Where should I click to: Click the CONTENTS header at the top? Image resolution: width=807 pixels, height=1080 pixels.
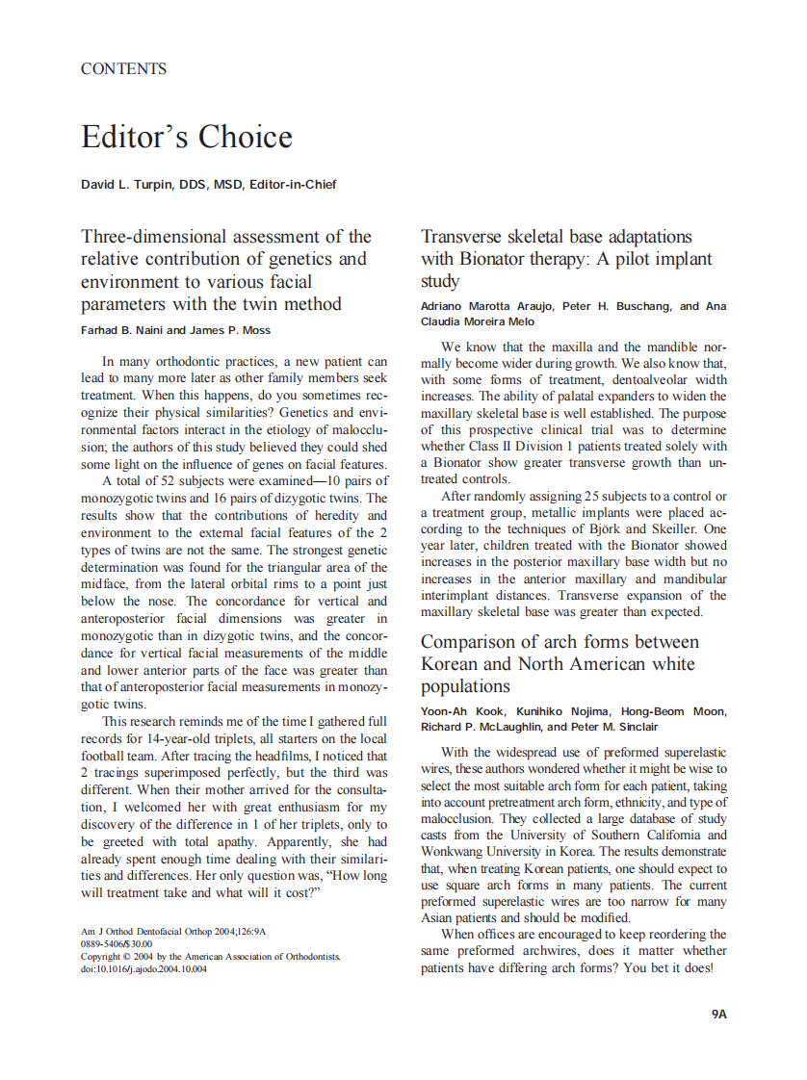(x=123, y=69)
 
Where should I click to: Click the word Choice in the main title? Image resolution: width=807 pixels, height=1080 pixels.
(x=245, y=137)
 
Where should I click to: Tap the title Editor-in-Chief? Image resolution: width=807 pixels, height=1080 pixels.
(x=293, y=185)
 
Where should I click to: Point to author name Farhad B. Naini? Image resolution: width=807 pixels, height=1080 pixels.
(x=121, y=330)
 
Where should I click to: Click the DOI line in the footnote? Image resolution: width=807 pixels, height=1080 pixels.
(x=143, y=969)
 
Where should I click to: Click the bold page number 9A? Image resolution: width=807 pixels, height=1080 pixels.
(x=717, y=1014)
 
